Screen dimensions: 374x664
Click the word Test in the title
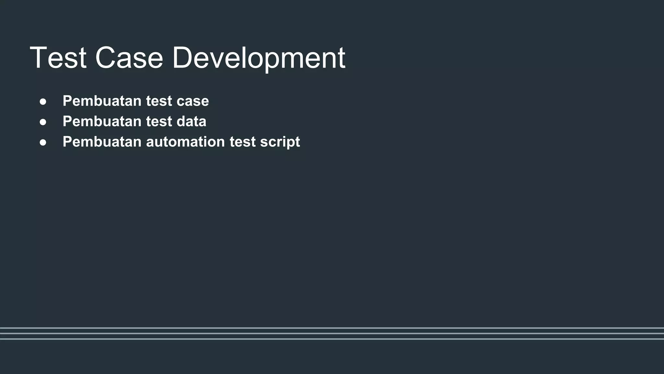[58, 58]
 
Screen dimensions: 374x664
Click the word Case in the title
[129, 58]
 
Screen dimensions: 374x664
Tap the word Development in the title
[258, 58]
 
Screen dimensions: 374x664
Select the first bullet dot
[43, 102]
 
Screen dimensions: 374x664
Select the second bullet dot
[43, 122]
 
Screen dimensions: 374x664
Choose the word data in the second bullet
[191, 121]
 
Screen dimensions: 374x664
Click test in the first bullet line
[159, 101]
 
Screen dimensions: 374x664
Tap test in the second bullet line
[159, 121]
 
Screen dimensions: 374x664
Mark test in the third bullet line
[243, 142]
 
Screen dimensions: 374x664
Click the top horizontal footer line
[332, 328]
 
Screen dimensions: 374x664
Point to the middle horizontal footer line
[332, 333]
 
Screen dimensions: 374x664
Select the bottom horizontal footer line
[332, 339]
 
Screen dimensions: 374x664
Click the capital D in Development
[183, 58]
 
